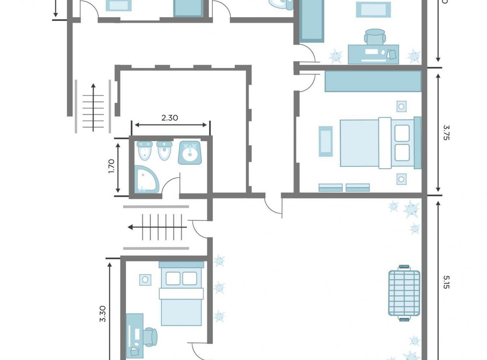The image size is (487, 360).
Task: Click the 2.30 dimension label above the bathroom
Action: click(x=170, y=118)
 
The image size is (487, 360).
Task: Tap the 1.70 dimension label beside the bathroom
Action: click(x=111, y=166)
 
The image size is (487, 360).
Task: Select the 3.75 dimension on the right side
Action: click(x=446, y=132)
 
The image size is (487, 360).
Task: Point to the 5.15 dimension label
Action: click(x=446, y=282)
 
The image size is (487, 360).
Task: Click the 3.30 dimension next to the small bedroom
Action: click(x=103, y=314)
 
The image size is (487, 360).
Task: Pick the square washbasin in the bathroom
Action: click(x=190, y=153)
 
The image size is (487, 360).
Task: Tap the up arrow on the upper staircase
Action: click(x=93, y=87)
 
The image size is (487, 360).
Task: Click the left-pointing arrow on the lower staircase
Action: click(x=131, y=227)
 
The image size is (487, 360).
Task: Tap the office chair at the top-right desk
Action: click(x=375, y=36)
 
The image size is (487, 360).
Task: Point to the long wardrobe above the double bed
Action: click(x=373, y=81)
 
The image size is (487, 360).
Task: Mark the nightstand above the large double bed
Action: click(x=401, y=107)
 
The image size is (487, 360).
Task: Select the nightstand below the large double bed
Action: click(x=401, y=179)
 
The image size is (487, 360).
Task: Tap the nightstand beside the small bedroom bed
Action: click(x=145, y=280)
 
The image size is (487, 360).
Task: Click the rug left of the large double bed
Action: click(x=325, y=141)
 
